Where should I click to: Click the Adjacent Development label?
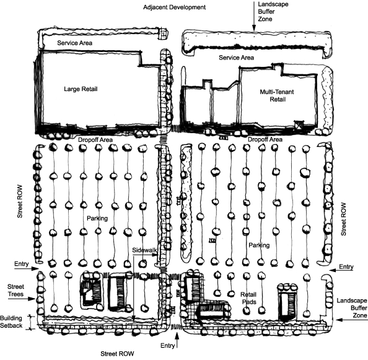coord(174,7)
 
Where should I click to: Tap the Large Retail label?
coord(81,89)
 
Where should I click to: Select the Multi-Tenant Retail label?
coord(277,95)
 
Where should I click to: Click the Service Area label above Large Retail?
coord(74,43)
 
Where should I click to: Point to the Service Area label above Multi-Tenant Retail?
coord(236,58)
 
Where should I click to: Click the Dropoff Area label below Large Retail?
coord(95,140)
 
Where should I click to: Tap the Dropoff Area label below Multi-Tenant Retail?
coord(265,139)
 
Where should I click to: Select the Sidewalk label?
coord(144,250)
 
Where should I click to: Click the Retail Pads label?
coord(248,298)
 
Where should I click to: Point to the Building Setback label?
coord(11,322)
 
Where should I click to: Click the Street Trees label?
coord(15,291)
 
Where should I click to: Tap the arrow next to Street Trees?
coord(22,299)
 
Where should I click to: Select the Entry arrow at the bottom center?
coord(177,340)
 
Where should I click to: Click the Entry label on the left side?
coord(21,264)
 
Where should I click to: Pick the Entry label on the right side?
coord(346,266)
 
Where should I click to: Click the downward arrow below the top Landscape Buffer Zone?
coord(254,17)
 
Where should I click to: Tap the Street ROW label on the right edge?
coord(343,219)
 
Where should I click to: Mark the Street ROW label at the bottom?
coord(117,354)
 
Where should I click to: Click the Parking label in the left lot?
coord(97,218)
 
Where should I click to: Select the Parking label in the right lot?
coord(259,245)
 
